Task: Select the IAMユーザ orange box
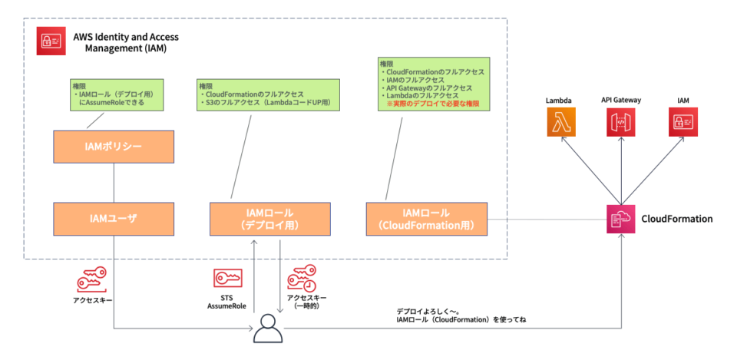[x=114, y=218]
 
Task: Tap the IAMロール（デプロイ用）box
[x=269, y=218]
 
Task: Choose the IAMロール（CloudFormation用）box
[x=426, y=218]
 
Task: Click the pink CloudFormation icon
[x=621, y=219]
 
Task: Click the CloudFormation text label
[x=676, y=219]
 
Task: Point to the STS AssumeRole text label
[x=226, y=302]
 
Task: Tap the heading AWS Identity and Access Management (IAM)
[x=120, y=41]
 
